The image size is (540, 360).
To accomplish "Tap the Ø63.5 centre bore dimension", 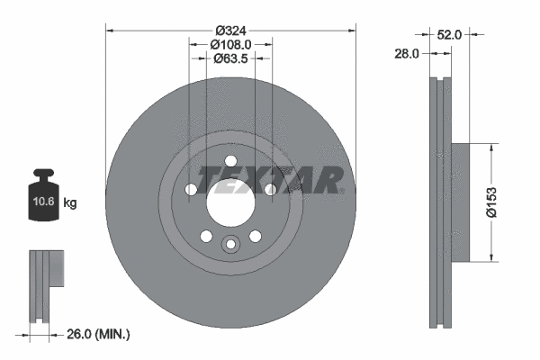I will (x=230, y=58).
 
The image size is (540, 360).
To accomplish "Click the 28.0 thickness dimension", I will (x=408, y=54).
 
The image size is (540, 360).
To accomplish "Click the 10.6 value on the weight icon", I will (x=42, y=203).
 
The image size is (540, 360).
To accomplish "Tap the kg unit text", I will (x=70, y=203).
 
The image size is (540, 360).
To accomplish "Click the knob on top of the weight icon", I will (x=42, y=175).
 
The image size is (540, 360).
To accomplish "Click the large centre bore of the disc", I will (x=230, y=200).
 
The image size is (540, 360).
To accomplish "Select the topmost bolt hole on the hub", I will (x=230, y=159).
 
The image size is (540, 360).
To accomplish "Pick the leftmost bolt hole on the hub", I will (x=191, y=190).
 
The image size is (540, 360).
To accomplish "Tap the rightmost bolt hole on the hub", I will (x=270, y=189).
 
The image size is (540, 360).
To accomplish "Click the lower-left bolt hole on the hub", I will (x=206, y=236).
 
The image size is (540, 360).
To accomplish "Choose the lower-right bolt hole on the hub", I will (x=255, y=236).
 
